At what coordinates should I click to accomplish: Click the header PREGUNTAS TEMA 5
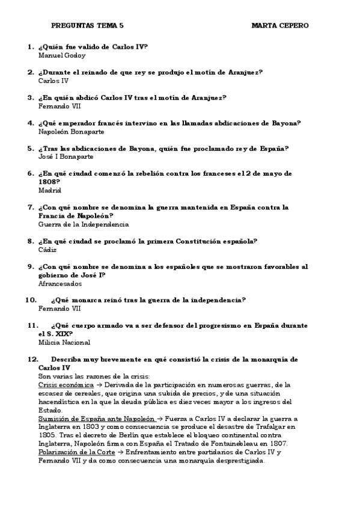click(88, 26)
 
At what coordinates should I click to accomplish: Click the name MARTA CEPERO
click(281, 26)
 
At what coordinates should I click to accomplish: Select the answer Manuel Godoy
click(62, 55)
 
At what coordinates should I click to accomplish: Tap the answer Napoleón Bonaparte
click(71, 131)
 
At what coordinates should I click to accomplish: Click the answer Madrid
click(49, 190)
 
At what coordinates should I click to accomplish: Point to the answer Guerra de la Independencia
click(83, 224)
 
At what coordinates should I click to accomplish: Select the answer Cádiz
click(47, 250)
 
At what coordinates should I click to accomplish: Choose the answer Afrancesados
click(60, 283)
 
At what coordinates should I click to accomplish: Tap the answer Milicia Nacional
click(64, 343)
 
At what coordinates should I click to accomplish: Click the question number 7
click(31, 207)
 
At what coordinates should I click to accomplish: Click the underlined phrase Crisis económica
click(66, 385)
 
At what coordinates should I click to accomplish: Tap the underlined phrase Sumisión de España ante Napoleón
click(97, 419)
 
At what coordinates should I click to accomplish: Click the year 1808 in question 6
click(49, 182)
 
